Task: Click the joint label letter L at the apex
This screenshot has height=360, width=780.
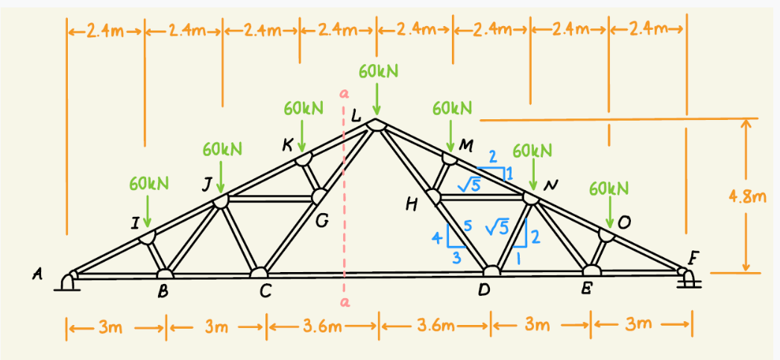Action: [356, 116]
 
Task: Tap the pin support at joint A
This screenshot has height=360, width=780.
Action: [69, 282]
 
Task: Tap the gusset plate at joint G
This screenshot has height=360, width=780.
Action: [319, 196]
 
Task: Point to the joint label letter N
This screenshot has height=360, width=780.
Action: [553, 184]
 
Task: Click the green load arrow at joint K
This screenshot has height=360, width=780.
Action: [302, 136]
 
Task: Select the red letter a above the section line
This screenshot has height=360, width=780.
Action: [344, 95]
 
